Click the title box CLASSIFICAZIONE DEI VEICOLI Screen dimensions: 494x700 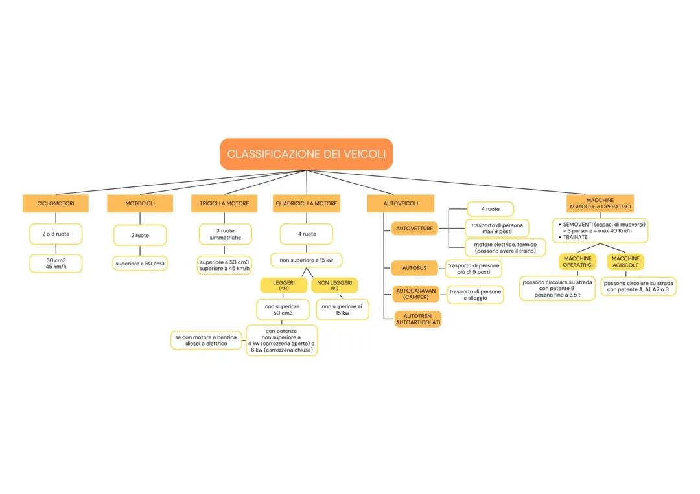click(306, 154)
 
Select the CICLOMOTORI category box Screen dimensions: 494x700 click(56, 203)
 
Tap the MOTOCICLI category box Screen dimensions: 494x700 click(140, 203)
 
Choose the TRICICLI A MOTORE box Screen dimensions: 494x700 click(220, 203)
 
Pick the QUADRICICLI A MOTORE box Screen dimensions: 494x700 click(306, 203)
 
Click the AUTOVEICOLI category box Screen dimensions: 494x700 click(401, 203)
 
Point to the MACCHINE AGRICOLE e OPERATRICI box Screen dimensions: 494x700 click(600, 203)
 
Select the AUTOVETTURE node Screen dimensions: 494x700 click(415, 229)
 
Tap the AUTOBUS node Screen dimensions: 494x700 click(415, 267)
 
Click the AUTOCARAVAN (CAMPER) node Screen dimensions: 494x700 click(415, 294)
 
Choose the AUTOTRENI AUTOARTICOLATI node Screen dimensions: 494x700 click(418, 319)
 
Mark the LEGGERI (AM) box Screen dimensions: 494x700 click(284, 285)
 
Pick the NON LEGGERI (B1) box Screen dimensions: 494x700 click(334, 285)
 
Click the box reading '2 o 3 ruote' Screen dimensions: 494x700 click(56, 234)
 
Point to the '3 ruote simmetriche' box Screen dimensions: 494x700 click(225, 234)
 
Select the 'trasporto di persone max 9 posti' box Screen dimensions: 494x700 click(497, 228)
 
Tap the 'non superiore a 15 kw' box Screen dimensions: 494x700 click(306, 260)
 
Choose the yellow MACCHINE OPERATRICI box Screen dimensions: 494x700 click(577, 262)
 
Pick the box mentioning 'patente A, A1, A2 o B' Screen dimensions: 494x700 click(638, 286)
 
